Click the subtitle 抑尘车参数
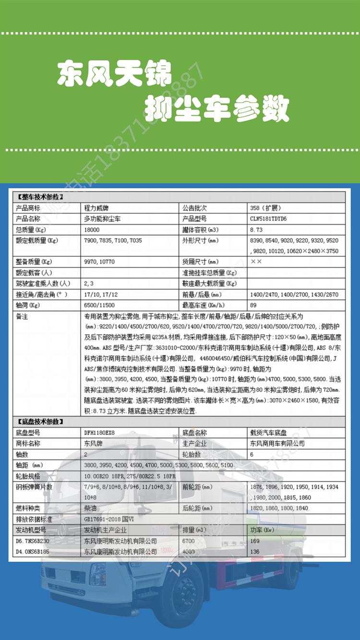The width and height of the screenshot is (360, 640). point(217,109)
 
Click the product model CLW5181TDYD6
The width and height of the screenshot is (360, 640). point(271,218)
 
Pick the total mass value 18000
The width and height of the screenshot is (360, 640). point(92,229)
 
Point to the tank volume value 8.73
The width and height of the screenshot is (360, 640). point(256,229)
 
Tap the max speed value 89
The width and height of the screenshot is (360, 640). point(253,305)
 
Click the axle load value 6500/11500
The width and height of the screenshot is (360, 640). point(100,305)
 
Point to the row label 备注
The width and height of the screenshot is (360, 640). point(22,317)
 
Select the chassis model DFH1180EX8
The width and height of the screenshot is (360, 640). point(99,433)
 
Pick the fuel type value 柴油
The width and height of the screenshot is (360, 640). point(91,508)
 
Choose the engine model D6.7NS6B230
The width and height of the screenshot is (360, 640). point(33,541)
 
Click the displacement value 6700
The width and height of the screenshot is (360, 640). point(189,541)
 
